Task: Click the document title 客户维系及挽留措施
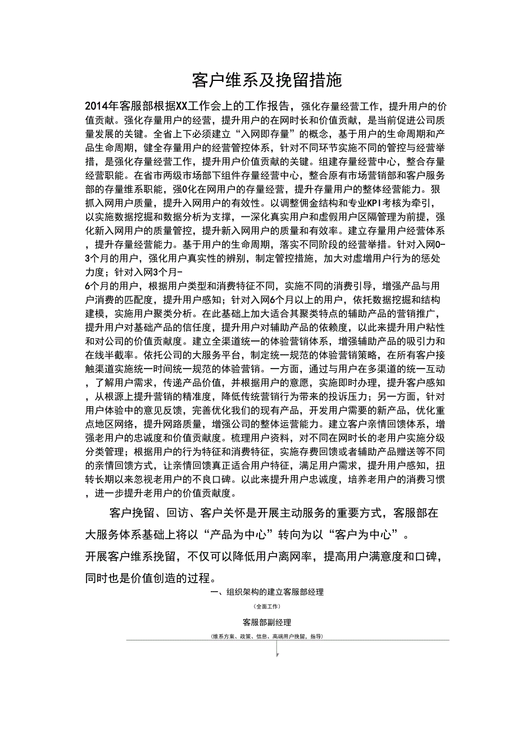click(266, 80)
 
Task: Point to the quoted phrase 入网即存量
click(268, 134)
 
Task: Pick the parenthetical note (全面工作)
click(266, 606)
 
